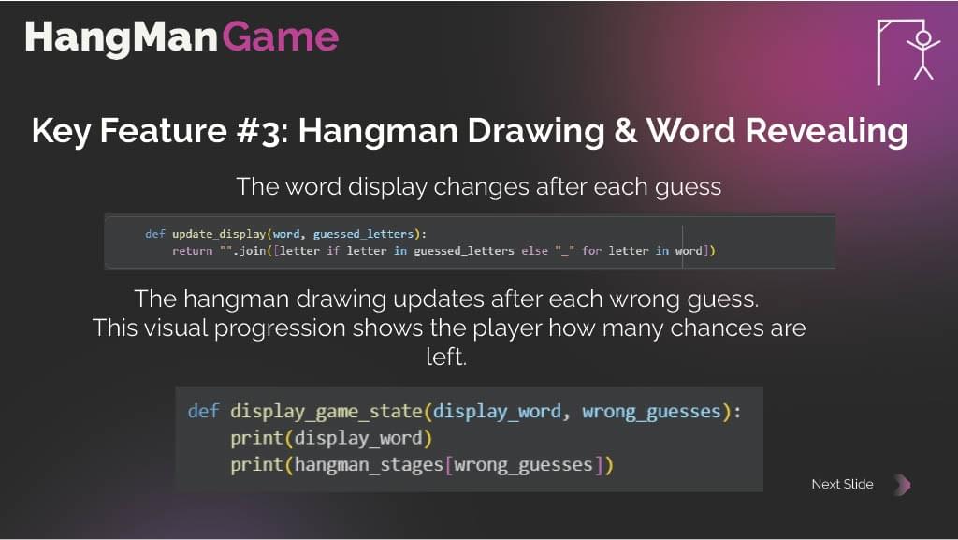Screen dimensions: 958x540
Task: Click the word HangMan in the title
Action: pyautogui.click(x=122, y=37)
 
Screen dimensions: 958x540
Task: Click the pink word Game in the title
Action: pyautogui.click(x=280, y=36)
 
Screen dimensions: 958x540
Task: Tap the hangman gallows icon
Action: pyautogui.click(x=908, y=51)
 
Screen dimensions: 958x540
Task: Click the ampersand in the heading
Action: pyautogui.click(x=625, y=131)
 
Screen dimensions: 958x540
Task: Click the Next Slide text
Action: pyautogui.click(x=843, y=484)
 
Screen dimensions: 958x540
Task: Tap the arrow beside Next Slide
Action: pyautogui.click(x=903, y=485)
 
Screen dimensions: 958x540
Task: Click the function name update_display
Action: pyautogui.click(x=219, y=234)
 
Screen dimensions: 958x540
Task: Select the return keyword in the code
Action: pyautogui.click(x=192, y=251)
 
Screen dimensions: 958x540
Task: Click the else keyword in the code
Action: pyautogui.click(x=534, y=251)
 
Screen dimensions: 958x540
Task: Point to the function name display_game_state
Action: pyautogui.click(x=327, y=412)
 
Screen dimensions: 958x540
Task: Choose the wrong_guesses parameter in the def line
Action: pyautogui.click(x=652, y=412)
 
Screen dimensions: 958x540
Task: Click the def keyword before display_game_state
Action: pyautogui.click(x=203, y=411)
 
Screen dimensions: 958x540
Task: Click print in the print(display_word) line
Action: pyautogui.click(x=257, y=439)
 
